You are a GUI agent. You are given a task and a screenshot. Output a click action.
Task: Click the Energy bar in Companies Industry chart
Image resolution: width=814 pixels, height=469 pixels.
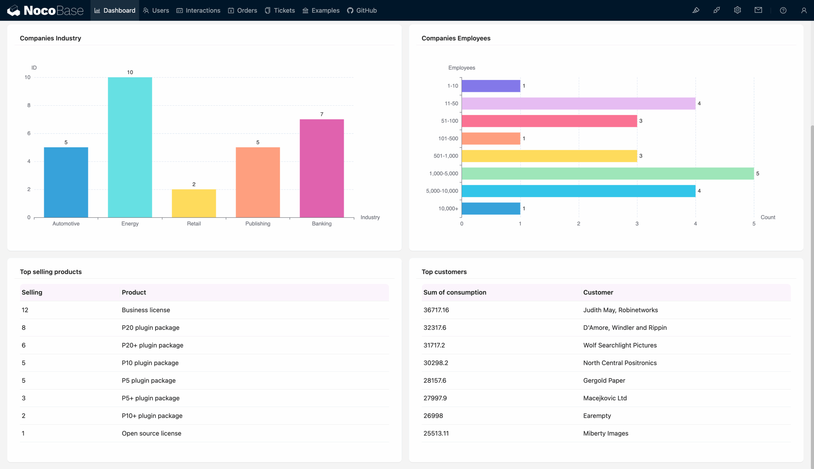[x=130, y=147]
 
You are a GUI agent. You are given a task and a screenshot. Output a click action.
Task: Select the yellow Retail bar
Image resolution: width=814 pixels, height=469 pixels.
[x=194, y=203]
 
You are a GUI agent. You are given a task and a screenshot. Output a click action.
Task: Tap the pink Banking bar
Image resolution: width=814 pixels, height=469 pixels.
[x=321, y=168]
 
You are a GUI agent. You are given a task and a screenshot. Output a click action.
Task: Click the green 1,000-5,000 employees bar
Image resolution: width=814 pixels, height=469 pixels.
[x=608, y=174]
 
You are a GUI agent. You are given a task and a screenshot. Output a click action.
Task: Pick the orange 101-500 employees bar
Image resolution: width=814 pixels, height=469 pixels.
[x=491, y=138]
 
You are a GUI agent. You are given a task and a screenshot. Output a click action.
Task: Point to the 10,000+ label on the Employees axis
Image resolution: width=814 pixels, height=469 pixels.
[x=448, y=208]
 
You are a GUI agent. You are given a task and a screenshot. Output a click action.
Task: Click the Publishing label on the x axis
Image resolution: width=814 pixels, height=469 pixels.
[x=258, y=224]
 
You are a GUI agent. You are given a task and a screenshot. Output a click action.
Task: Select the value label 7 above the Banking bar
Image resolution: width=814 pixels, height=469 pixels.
[x=321, y=114]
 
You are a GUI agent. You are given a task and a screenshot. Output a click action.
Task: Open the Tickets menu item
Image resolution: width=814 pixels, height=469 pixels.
[x=280, y=10]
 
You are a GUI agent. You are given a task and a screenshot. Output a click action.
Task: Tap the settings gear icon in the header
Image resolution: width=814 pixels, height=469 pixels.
[x=737, y=10]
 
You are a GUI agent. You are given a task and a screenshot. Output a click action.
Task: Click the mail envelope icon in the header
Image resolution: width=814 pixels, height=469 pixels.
[x=758, y=10]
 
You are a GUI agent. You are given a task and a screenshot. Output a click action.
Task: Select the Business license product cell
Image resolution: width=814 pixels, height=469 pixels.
[x=146, y=310]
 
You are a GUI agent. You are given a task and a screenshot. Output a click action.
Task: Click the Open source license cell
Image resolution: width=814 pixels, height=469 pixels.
[x=151, y=433]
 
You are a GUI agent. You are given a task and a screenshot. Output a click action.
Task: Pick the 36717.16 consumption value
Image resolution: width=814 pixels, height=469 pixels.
[x=436, y=310]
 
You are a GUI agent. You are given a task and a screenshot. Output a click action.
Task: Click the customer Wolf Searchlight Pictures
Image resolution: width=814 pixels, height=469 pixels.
[x=619, y=345]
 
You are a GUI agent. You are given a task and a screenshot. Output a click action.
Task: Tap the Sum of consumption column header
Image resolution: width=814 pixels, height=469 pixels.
[x=454, y=292]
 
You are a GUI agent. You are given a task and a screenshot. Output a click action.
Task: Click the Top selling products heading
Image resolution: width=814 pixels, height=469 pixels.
[x=51, y=271]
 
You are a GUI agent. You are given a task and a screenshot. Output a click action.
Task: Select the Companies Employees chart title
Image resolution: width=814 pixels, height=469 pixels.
[x=456, y=38]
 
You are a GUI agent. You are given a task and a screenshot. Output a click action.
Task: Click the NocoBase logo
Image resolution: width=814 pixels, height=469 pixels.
[x=45, y=10]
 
